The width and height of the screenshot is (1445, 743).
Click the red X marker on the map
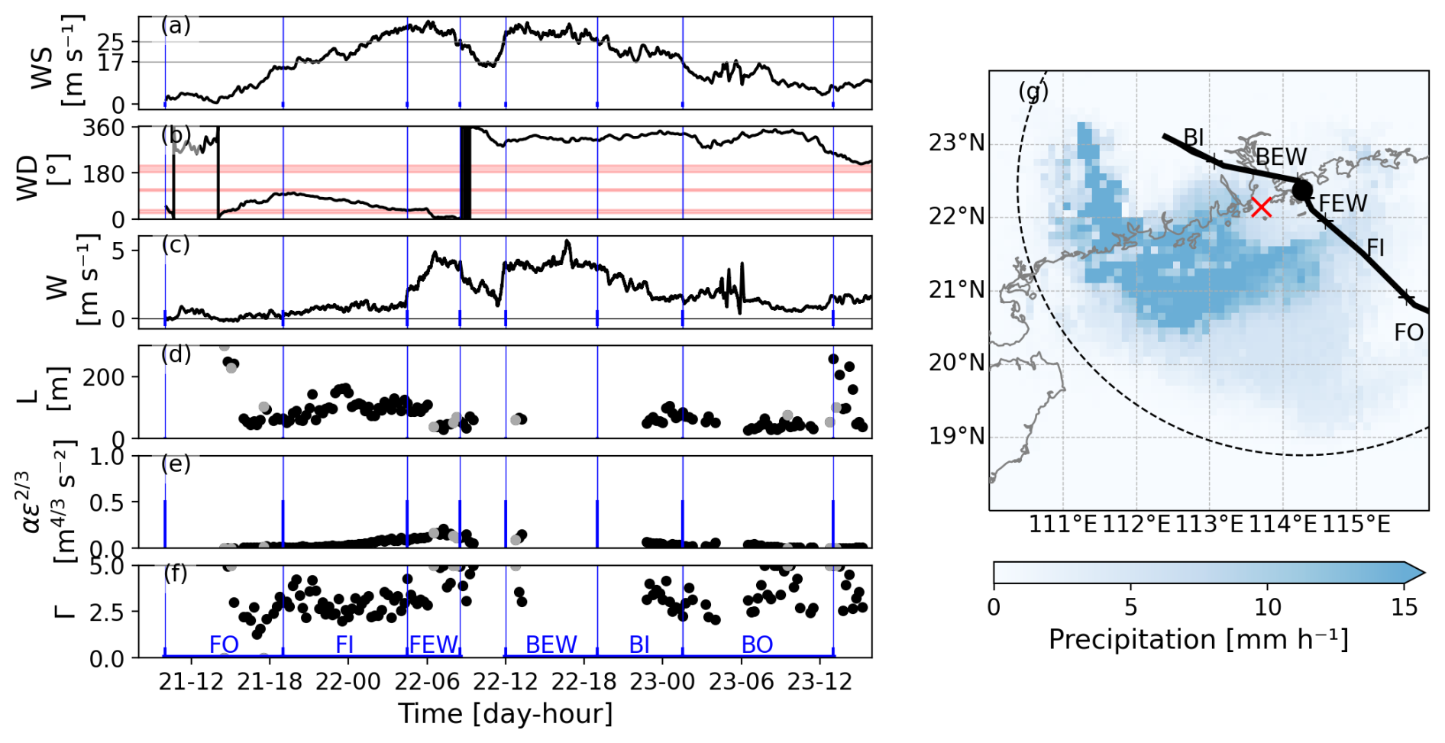1261,207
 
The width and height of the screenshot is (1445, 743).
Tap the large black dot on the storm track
1301,190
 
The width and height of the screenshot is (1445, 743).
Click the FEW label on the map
1343,203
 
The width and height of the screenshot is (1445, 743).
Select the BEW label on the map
1281,157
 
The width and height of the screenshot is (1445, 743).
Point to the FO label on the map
1408,332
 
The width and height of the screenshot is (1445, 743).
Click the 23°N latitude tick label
956,143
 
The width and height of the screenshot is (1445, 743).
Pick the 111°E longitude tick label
1062,525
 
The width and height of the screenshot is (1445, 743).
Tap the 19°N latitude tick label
956,436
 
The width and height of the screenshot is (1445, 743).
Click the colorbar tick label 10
1268,607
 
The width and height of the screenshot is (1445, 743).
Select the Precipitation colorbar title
1198,639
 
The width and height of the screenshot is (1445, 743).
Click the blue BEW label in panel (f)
551,644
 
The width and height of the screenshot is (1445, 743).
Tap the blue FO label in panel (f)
224,644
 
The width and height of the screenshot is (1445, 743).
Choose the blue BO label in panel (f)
757,644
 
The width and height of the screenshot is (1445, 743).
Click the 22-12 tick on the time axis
506,681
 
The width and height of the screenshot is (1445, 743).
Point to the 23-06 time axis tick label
741,681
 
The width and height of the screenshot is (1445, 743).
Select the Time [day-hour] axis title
505,713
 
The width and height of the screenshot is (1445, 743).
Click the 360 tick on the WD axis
104,128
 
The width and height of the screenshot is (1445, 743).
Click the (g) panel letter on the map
1033,92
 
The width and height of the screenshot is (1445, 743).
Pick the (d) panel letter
176,354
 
